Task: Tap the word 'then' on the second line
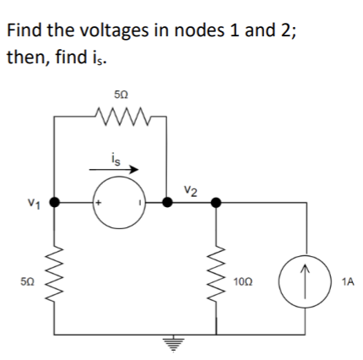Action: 25,59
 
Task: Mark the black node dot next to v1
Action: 55,204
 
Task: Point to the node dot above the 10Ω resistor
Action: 216,203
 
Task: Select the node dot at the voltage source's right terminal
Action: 165,204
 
